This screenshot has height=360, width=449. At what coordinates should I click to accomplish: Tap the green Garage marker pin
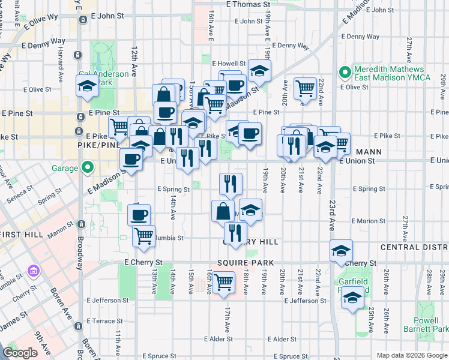pos(88,167)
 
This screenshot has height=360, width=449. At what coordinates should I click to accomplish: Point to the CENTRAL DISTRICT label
pos(414,247)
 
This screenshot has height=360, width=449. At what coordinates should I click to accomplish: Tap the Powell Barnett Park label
pos(431,325)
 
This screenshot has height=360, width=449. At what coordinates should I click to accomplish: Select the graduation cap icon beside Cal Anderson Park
pos(87,85)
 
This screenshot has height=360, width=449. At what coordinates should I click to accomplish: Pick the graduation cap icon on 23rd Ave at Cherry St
pos(341,250)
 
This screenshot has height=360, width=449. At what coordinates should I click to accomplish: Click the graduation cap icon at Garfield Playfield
pos(353,297)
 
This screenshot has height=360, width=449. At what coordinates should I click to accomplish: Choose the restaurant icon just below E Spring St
pos(231,184)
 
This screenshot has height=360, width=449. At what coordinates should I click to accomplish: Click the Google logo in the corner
pos(20,353)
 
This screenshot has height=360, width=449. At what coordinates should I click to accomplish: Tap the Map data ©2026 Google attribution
pos(412,355)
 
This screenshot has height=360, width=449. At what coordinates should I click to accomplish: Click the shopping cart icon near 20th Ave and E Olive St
pos(306,88)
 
